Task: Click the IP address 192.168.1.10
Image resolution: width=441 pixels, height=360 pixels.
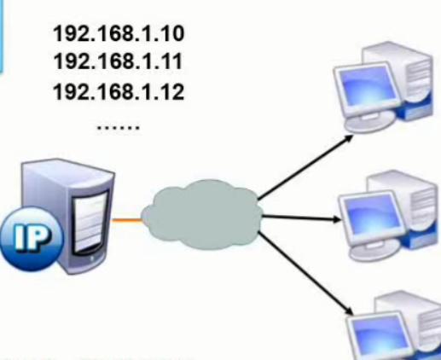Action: tap(119, 33)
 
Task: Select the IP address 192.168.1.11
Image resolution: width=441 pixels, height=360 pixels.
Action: tap(118, 61)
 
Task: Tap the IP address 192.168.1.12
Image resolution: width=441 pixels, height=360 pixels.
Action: tap(119, 91)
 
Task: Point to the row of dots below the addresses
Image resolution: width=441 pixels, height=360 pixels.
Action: tap(119, 127)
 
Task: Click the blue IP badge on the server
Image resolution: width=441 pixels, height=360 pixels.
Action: tap(31, 238)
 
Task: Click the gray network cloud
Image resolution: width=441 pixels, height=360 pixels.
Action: tap(202, 215)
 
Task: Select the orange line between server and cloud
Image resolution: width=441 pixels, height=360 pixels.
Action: tap(127, 220)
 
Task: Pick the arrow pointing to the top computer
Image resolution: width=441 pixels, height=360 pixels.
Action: tap(305, 166)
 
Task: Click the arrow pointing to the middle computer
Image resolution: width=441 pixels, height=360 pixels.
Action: tap(301, 218)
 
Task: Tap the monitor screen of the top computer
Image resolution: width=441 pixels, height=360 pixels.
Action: tap(367, 84)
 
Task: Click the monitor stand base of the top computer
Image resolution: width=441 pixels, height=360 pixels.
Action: tap(369, 121)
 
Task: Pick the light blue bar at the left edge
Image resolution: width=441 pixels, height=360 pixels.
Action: tap(2, 36)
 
